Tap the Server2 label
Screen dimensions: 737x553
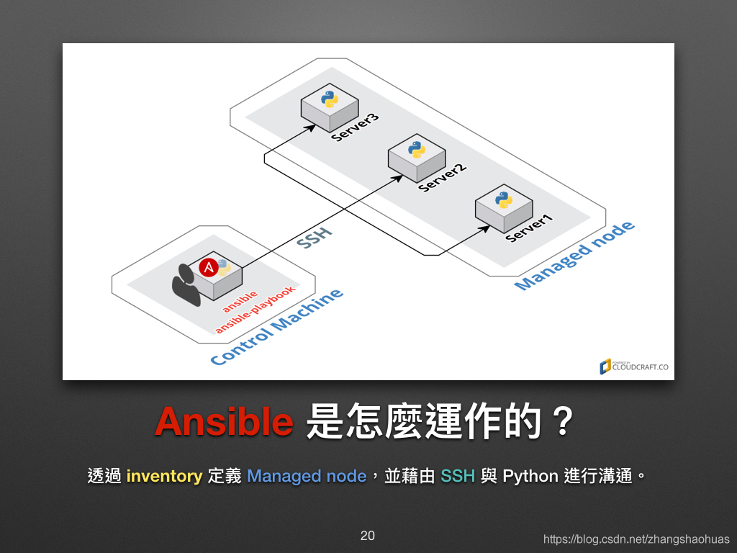click(443, 178)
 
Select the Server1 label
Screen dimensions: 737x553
click(530, 228)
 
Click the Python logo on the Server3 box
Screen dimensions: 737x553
click(330, 99)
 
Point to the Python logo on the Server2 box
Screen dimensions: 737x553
click(417, 150)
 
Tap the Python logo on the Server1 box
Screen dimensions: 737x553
click(503, 200)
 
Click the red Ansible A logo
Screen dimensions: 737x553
click(208, 268)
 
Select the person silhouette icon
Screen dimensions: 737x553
click(186, 285)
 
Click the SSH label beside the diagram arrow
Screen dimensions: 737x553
click(315, 238)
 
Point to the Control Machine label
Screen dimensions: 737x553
click(277, 328)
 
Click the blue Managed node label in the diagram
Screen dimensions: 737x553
click(574, 256)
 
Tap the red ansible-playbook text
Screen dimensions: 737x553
click(256, 310)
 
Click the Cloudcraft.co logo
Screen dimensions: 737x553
click(634, 367)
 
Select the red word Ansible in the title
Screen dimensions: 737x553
click(225, 421)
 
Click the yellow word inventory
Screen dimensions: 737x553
click(165, 477)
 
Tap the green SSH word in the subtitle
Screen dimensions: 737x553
click(458, 476)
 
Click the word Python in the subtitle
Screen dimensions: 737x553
click(530, 477)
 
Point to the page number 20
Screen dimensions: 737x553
click(368, 536)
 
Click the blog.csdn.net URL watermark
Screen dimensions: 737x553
click(636, 539)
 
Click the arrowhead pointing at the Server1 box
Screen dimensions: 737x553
click(485, 228)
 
